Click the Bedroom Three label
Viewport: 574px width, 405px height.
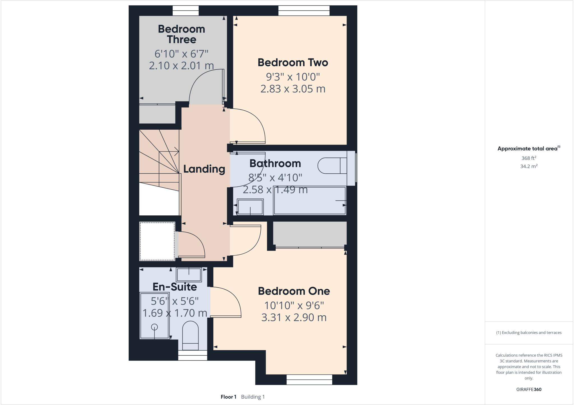[x=181, y=34]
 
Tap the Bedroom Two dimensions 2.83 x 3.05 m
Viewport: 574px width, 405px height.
[x=293, y=89]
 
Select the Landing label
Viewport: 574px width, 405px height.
[x=204, y=169]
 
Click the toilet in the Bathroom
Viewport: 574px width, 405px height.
[x=332, y=166]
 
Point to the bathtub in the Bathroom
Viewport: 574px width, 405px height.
[x=309, y=201]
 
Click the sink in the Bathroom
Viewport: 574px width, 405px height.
[x=250, y=207]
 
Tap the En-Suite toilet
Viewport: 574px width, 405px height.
[x=190, y=335]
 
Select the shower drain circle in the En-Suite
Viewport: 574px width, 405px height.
[x=154, y=327]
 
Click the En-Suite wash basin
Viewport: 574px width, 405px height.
[x=189, y=274]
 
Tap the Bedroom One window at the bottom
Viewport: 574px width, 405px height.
[x=309, y=380]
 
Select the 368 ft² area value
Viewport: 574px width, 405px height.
[x=529, y=158]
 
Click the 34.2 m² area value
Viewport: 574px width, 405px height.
[x=529, y=166]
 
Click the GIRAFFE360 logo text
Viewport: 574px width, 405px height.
[x=529, y=389]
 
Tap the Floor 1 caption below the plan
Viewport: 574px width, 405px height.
[x=228, y=397]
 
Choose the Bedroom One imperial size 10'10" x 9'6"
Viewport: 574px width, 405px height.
[x=294, y=305]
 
